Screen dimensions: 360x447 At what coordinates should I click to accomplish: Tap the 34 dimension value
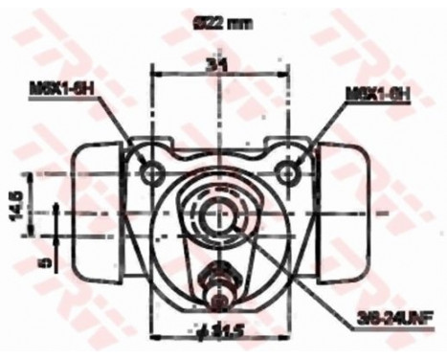point(220,65)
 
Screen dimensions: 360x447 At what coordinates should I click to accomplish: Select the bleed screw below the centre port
point(220,286)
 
